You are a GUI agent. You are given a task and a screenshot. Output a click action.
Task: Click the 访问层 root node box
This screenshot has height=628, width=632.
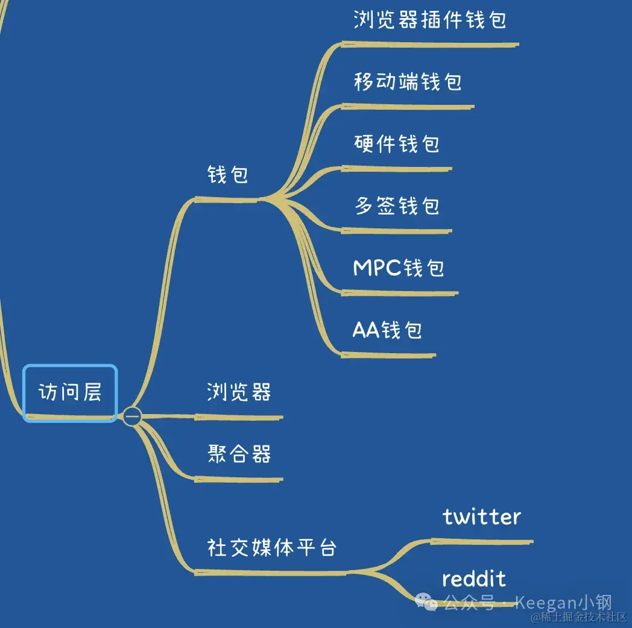coord(70,392)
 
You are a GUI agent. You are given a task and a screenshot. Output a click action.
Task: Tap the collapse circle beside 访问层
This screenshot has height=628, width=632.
coord(132,416)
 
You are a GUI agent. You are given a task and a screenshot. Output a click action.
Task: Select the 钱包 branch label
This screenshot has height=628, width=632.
coord(227,175)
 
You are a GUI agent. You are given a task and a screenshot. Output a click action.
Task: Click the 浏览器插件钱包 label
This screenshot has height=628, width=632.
coord(429,19)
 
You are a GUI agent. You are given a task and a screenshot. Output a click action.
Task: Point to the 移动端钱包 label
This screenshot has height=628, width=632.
coord(408,81)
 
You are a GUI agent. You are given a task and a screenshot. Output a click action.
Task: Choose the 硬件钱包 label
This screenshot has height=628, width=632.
coord(397,143)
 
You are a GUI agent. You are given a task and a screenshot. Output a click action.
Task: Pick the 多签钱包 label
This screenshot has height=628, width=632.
coord(397,206)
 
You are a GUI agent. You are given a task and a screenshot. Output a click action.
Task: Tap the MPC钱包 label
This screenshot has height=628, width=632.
coord(399,268)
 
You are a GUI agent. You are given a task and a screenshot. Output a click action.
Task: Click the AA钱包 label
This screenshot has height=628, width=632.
coord(387,330)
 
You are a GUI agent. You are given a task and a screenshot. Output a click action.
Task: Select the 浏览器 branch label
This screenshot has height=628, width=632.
coord(239,392)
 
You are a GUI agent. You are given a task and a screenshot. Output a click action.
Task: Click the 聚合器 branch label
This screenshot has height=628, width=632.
coord(239,454)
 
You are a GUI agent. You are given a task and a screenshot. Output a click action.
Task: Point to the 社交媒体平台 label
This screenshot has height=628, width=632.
coord(272,548)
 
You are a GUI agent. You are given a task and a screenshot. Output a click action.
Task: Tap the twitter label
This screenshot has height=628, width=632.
coord(482,517)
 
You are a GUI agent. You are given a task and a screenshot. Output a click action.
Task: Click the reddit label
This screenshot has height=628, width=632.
coord(474,579)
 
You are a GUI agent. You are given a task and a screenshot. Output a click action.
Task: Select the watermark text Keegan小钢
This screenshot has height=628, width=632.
coord(563,602)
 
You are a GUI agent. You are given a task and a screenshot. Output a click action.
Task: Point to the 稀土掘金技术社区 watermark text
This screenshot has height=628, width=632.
coord(580,617)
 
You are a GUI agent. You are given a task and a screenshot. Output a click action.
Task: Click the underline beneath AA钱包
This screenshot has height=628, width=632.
coord(388,355)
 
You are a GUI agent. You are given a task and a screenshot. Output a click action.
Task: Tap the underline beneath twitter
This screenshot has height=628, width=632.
coord(482,541)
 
